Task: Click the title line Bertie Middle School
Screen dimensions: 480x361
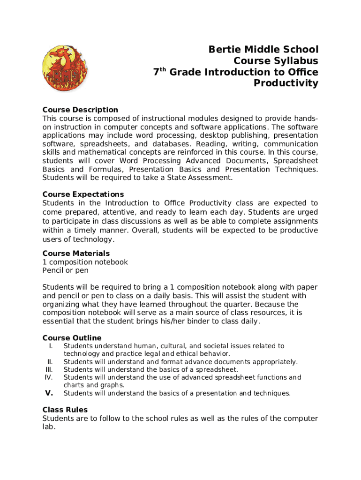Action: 263,50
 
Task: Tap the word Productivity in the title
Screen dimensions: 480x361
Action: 286,83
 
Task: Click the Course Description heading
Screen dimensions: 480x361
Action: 80,110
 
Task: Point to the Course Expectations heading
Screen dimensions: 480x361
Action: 83,194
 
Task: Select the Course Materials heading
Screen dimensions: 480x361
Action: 76,253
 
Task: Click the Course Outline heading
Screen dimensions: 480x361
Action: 72,337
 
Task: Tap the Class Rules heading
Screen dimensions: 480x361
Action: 65,409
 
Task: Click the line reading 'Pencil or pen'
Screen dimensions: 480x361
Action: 65,270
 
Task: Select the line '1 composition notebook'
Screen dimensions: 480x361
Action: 85,262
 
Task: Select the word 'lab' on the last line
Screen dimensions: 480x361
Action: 48,427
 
